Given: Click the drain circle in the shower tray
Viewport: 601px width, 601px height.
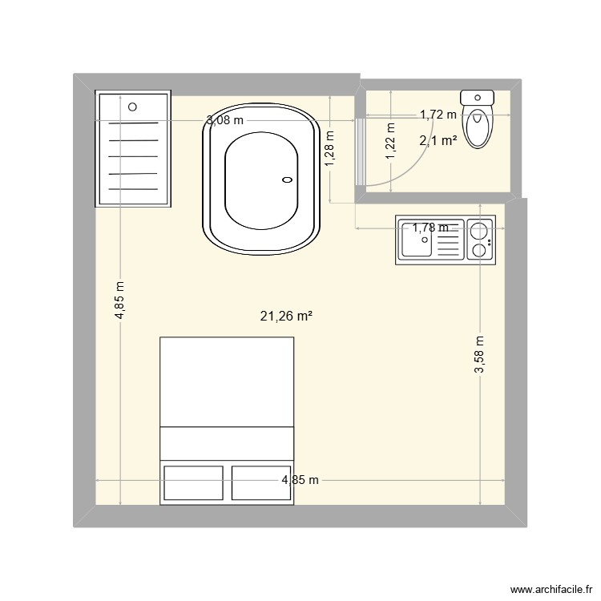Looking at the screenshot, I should (x=133, y=105).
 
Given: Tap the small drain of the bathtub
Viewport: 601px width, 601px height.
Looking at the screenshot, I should (x=286, y=181).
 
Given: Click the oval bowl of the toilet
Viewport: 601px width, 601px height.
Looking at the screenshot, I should (x=478, y=127).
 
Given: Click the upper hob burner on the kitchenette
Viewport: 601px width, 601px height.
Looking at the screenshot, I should (x=479, y=232).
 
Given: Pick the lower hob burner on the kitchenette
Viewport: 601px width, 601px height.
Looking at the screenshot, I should (x=479, y=251).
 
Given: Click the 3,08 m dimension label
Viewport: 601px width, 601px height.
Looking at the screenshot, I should (x=224, y=121).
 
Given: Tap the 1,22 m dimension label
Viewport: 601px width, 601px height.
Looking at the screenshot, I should (x=390, y=141).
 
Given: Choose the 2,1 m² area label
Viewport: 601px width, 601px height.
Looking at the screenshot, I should (x=438, y=141).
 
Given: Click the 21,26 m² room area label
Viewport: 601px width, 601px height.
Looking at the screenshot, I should (x=286, y=316).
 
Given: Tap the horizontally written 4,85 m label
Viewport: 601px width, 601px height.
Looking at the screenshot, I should (x=300, y=480).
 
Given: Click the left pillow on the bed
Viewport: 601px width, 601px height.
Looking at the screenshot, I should (x=194, y=482).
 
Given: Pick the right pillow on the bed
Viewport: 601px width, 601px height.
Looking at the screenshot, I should (x=260, y=482).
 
